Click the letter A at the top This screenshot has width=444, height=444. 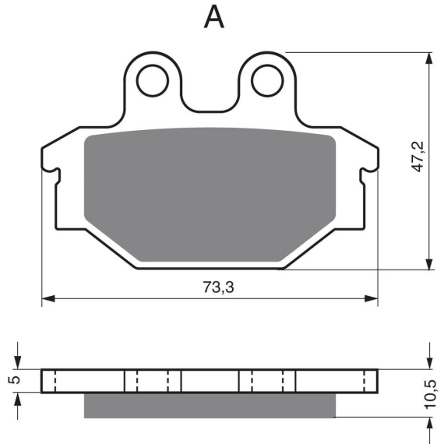coord(214,17)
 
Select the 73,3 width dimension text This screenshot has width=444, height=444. coord(218,287)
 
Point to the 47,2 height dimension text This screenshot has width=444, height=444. coord(418,157)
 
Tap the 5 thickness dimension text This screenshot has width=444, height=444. coord(15,379)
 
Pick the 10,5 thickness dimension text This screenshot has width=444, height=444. coord(431,394)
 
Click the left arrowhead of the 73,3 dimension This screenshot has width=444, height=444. coord(48,298)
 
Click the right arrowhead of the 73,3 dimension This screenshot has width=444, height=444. coord(372,298)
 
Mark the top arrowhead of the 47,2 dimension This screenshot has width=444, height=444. coord(429,59)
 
